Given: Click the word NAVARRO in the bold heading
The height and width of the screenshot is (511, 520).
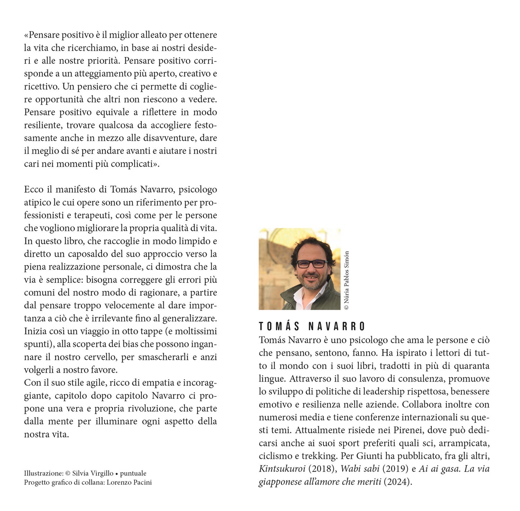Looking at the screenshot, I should click(337, 327).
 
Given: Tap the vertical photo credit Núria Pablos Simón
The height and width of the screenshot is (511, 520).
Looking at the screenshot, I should click(347, 280).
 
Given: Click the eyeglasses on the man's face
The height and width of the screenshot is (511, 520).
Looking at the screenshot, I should click(311, 264).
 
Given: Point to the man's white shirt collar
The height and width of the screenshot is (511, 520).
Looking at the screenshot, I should click(299, 296).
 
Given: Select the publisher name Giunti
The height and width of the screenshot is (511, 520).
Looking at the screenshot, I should click(369, 456).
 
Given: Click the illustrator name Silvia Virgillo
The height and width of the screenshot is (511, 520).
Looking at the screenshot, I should click(93, 474).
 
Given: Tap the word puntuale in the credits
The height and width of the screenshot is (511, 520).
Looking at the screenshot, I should click(133, 474).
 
